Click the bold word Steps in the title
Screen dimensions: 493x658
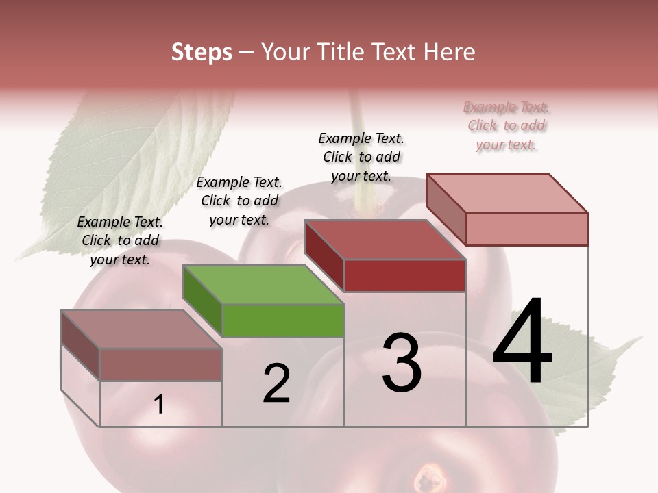[x=202, y=52]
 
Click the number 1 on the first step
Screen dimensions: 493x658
[x=159, y=405]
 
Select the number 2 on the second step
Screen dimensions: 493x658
[x=276, y=383]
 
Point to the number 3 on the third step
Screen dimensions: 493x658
[x=402, y=363]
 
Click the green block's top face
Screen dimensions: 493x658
[x=264, y=284]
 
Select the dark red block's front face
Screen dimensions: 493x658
[x=404, y=275]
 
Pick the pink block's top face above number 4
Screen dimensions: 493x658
[x=507, y=192]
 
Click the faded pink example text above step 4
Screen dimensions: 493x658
[x=507, y=126]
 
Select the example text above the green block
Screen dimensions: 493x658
[x=239, y=201]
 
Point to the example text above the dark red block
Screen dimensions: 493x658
[x=361, y=157]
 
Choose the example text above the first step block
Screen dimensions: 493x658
[x=120, y=240]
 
